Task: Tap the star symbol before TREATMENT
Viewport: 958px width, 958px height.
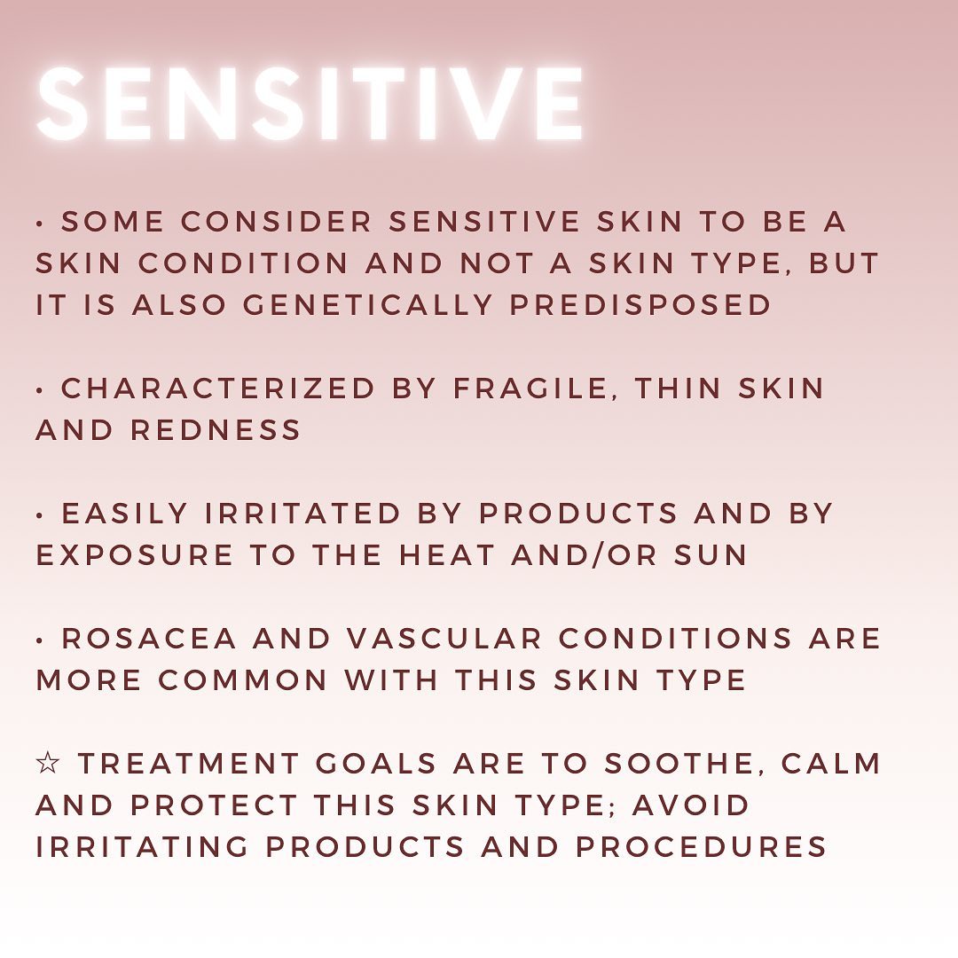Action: tap(48, 763)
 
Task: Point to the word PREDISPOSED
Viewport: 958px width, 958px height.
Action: tap(640, 304)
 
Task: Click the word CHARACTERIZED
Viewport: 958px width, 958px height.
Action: tap(217, 388)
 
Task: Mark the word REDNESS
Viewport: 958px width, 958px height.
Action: tap(216, 429)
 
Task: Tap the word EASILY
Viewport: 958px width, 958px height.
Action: tap(125, 514)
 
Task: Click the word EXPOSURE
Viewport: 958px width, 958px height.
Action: tap(135, 554)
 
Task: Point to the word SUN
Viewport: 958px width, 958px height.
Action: tap(711, 554)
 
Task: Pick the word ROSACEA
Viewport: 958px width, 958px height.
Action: tap(149, 639)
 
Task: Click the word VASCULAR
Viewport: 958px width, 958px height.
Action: tap(444, 639)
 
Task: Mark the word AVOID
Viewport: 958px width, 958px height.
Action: tap(690, 805)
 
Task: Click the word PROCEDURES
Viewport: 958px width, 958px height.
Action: tap(702, 847)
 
